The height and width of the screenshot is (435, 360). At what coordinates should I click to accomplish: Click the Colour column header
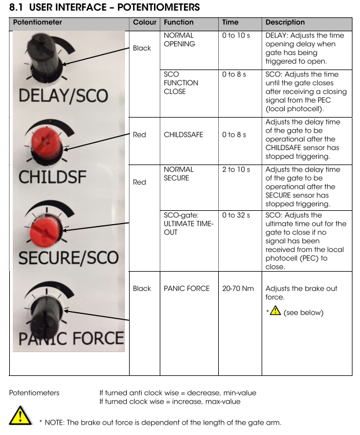pos(145,23)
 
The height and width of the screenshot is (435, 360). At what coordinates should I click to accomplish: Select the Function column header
pos(179,23)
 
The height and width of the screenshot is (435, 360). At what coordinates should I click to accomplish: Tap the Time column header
pos(230,23)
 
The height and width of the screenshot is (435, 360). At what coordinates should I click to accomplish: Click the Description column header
pos(285,23)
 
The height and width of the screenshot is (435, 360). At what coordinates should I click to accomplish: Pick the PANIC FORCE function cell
pos(187,288)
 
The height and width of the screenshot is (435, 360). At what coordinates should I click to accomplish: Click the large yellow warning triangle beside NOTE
pos(19,416)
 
